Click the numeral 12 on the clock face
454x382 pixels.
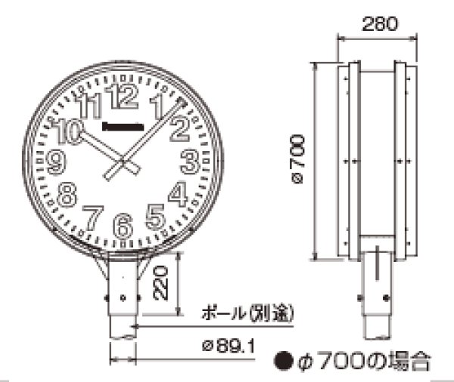(x=123, y=97)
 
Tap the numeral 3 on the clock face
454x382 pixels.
(x=189, y=160)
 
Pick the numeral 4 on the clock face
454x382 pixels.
(x=178, y=194)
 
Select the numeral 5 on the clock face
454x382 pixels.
(x=155, y=217)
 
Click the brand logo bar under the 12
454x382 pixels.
(x=123, y=124)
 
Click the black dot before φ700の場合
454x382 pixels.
(x=283, y=361)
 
